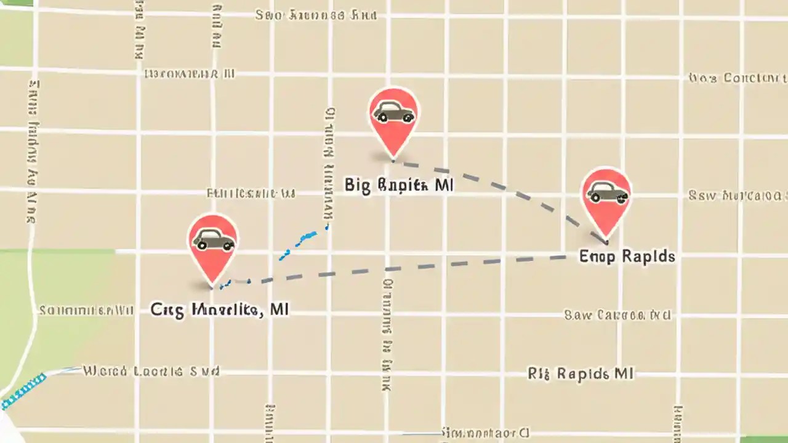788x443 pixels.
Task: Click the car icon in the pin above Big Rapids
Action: pyautogui.click(x=393, y=112)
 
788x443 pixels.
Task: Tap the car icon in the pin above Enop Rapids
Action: pyautogui.click(x=607, y=192)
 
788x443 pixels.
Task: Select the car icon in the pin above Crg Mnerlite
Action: pyautogui.click(x=213, y=239)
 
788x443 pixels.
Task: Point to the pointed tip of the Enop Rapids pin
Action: pyautogui.click(x=607, y=241)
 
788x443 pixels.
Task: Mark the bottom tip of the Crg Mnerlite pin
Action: pyautogui.click(x=212, y=287)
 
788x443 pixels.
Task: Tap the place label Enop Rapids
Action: pyautogui.click(x=627, y=256)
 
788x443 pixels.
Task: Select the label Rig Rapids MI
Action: pyautogui.click(x=581, y=373)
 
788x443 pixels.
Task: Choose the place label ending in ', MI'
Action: pyautogui.click(x=219, y=309)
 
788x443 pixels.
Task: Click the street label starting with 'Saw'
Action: pyautogui.click(x=617, y=315)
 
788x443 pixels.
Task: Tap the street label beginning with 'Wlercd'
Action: pyautogui.click(x=151, y=372)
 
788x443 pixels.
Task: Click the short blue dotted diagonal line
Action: pyautogui.click(x=303, y=241)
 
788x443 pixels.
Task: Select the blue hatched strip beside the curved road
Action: pyautogui.click(x=23, y=390)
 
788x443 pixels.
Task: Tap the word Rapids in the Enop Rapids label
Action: pyautogui.click(x=648, y=256)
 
